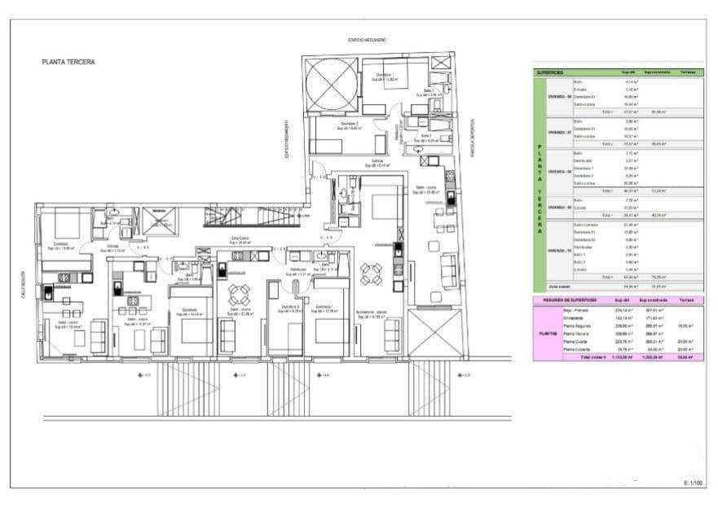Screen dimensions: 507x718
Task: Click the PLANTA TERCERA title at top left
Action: (x=68, y=61)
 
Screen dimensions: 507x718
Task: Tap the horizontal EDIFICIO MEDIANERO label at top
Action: (x=367, y=40)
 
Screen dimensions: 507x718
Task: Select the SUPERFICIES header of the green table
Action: (x=550, y=72)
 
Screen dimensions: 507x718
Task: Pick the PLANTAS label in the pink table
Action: (x=547, y=333)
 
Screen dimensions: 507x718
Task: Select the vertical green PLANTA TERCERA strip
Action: (x=539, y=189)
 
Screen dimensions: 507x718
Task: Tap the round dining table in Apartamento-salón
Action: (x=372, y=274)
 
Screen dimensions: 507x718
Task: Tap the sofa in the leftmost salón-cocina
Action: (x=98, y=335)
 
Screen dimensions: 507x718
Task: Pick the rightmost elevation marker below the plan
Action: (x=465, y=375)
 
